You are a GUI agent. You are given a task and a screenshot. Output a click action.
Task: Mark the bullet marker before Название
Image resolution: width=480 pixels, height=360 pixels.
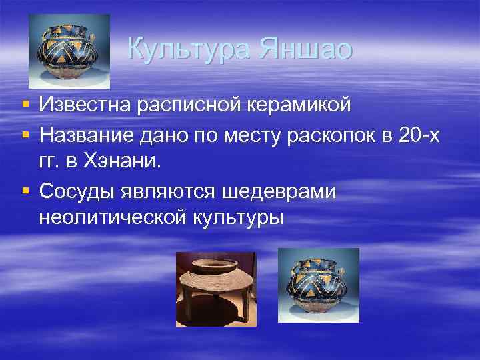point(25,135)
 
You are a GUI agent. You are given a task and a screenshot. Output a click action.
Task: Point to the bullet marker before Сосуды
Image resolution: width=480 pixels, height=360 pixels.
point(25,191)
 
